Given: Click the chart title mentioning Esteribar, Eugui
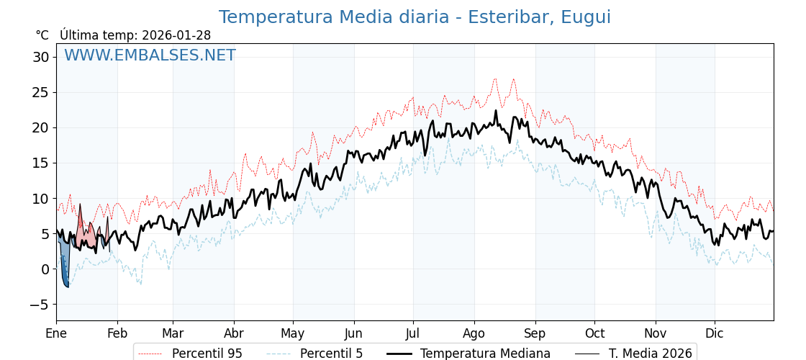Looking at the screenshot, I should coord(415,17).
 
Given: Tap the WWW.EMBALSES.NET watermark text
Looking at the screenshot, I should coord(150,55).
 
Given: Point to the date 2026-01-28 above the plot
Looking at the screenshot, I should coord(176,35).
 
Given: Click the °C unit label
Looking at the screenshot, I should coord(42,35).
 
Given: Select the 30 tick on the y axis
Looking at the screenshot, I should coord(40,57).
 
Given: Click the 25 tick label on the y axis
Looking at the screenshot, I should coord(40,92).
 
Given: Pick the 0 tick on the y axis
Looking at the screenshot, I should coord(45,269).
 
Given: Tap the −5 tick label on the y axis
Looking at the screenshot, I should coord(39,305).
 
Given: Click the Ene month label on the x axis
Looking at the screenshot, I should coord(56,333).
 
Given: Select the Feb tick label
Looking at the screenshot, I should coord(117,333).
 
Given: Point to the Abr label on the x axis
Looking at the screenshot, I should coord(234,333).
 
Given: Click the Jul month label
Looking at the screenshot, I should coord(413,333).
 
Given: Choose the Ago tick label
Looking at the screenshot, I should coord(474,333).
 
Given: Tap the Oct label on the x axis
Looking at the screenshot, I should coord(594,333).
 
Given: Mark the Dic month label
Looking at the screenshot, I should coord(715,333).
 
